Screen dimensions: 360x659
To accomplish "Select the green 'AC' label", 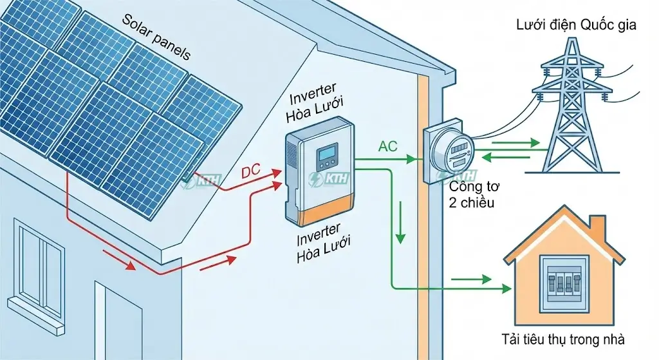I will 389,147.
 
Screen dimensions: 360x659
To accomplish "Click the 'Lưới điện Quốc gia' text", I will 576,26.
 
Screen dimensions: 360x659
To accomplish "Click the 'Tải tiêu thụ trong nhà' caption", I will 563,339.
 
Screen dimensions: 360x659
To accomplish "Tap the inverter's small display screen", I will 326,155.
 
